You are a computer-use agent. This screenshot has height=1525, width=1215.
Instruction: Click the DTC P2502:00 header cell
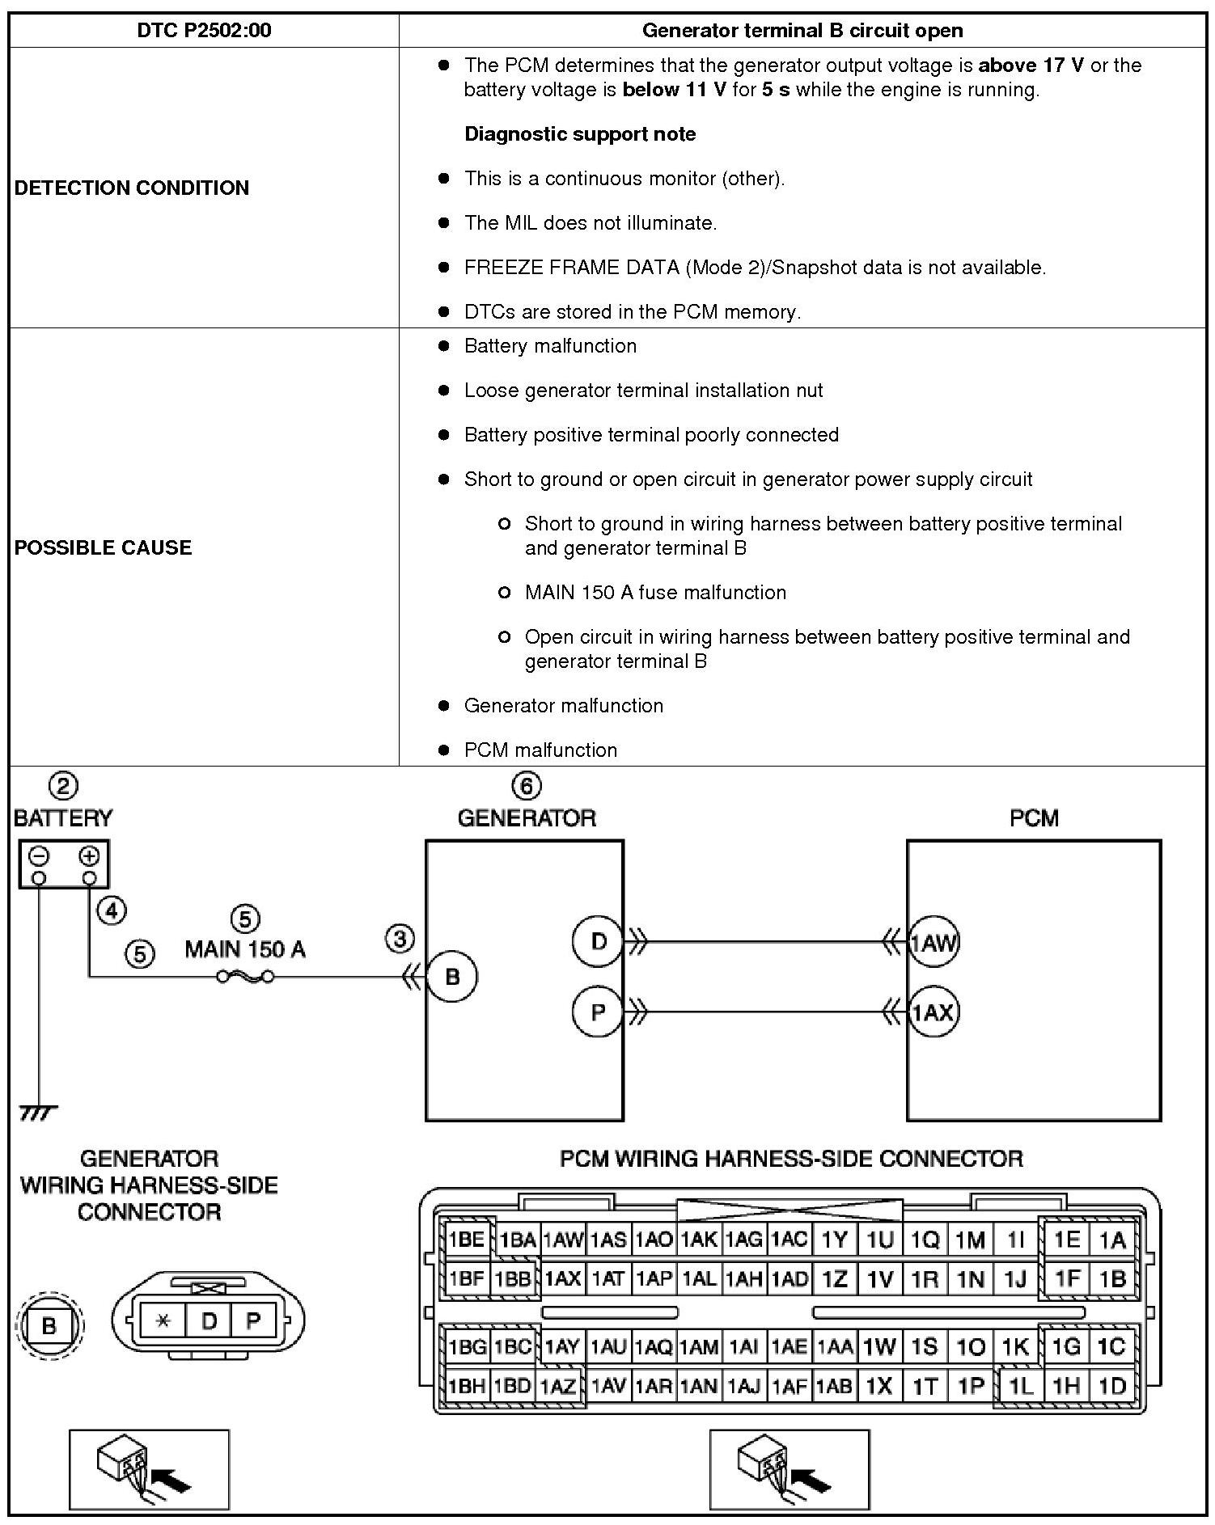point(204,31)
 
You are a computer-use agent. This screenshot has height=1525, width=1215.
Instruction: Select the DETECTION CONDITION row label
point(132,188)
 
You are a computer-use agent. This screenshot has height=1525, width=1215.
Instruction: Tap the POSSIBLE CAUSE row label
point(104,547)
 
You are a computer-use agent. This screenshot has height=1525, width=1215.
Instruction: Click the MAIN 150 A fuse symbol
point(245,977)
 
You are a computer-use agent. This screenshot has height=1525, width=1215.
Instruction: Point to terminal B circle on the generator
point(451,977)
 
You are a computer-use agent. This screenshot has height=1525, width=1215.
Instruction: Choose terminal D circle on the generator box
point(598,941)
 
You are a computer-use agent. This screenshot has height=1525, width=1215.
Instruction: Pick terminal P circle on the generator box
point(598,1012)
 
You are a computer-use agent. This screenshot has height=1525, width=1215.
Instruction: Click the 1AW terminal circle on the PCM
point(933,942)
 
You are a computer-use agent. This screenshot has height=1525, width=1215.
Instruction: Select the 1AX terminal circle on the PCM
point(933,1012)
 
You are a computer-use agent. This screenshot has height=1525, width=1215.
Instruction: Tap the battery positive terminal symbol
point(89,856)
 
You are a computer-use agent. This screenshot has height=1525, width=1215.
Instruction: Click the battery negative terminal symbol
point(40,856)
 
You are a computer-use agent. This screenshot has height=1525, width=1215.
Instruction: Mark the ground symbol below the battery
point(38,1114)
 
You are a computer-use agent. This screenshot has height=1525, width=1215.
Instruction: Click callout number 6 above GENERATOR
point(527,786)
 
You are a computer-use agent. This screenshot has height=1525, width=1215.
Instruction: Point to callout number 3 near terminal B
point(400,939)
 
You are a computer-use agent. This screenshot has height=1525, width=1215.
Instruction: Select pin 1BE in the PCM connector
point(466,1240)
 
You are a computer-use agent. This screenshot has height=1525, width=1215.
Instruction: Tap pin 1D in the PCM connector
point(1112,1386)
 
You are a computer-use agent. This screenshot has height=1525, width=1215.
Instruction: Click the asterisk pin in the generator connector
point(163,1321)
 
